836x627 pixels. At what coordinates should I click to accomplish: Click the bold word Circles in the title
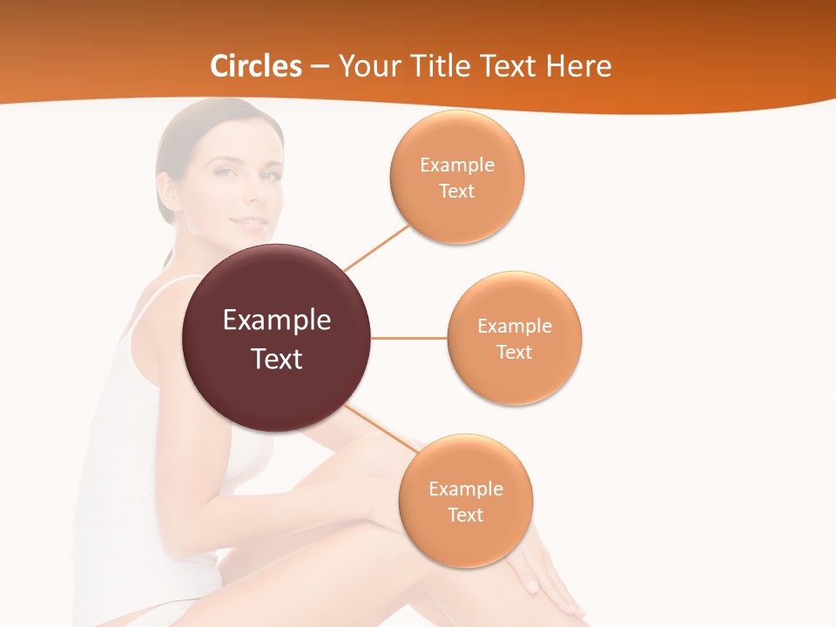pos(255,66)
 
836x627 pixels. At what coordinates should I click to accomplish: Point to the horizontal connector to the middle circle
pos(409,338)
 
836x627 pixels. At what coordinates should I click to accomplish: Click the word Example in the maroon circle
pos(277,320)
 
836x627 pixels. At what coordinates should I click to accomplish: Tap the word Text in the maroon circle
pos(277,359)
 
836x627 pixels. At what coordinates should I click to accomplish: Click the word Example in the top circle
pos(457,165)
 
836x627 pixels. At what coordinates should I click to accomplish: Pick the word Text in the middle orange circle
pos(515,352)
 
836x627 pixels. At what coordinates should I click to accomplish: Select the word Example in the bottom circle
pos(466,489)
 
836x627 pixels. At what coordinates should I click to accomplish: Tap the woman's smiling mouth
pos(250,222)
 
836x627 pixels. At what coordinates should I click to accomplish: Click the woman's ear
pos(166,187)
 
